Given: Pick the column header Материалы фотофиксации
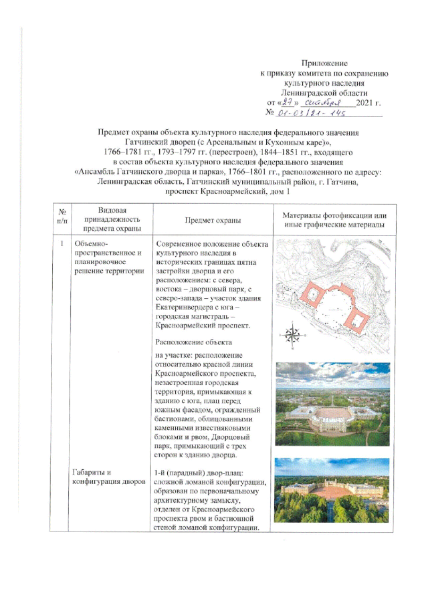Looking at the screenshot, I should (330, 215).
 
